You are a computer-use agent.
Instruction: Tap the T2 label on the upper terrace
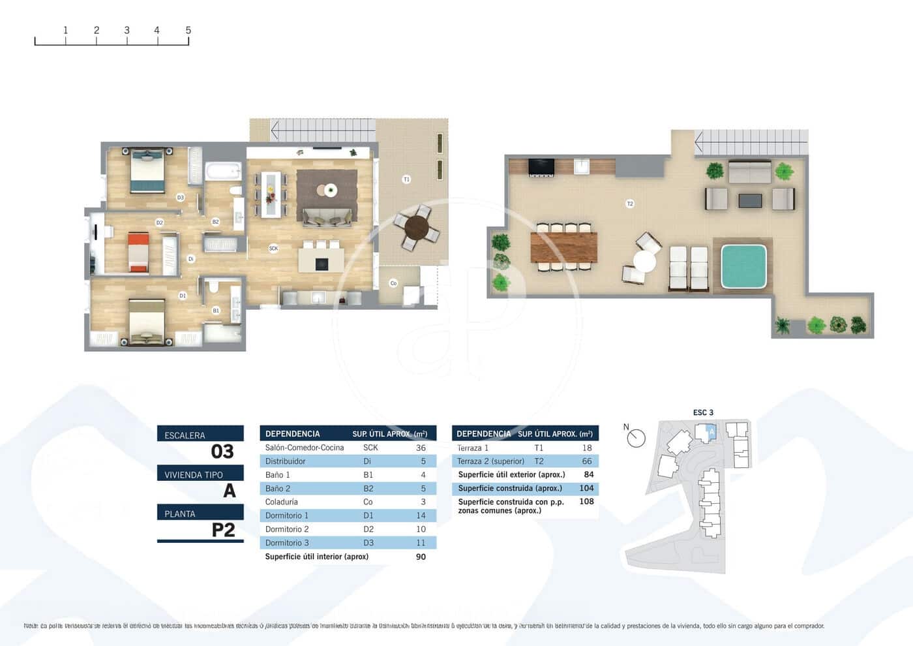pos(629,204)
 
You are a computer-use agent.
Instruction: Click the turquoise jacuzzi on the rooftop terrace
pos(743,266)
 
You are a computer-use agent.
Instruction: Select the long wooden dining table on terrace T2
pos(564,247)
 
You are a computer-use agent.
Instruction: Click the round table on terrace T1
pos(417,228)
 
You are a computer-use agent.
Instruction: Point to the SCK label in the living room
pos(273,248)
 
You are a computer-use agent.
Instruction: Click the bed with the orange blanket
pos(138,252)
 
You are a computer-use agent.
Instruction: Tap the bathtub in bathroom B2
pos(224,172)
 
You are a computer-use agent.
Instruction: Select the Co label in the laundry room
pos(393,283)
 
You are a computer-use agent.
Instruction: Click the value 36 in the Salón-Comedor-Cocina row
pos(421,448)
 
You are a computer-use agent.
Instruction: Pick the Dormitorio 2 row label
pos(287,529)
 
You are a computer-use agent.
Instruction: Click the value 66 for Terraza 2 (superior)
pos(586,461)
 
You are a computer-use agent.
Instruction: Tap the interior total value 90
pos(421,557)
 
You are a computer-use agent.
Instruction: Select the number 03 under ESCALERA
pos(222,452)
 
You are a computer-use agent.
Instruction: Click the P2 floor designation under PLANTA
pos(223,530)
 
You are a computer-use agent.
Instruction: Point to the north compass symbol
pos(636,438)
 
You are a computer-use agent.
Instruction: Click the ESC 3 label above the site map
pos(703,412)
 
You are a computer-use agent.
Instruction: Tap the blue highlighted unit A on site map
pos(711,431)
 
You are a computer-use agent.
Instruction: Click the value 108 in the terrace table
pos(586,502)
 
